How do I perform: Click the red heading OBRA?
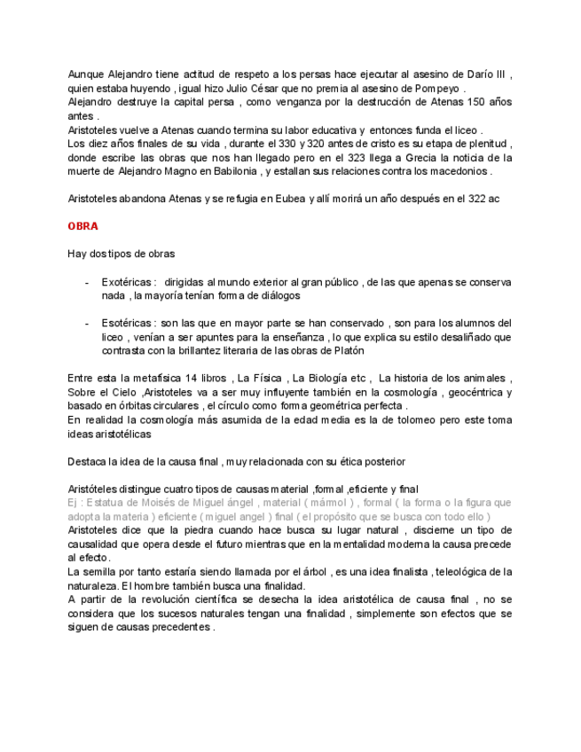click(82, 226)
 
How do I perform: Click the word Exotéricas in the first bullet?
click(128, 282)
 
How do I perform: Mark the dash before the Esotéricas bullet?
click(87, 323)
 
